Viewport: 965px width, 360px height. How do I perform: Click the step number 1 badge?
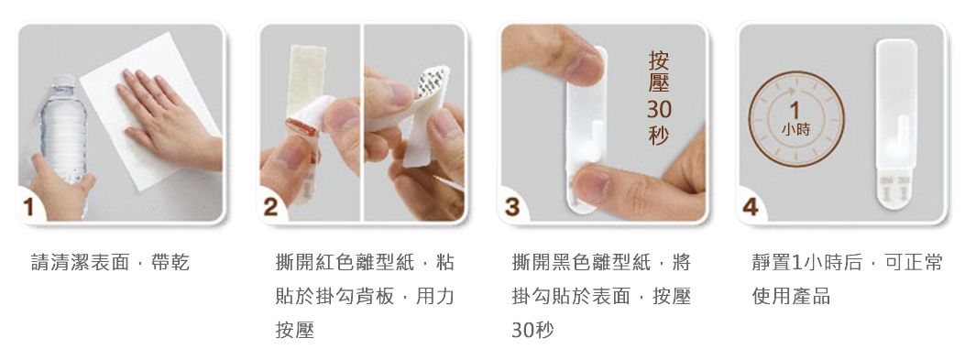click(28, 207)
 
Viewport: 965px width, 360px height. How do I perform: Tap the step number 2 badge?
click(270, 207)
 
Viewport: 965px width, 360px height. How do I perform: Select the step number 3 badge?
click(512, 207)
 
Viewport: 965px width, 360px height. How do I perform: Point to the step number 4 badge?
click(751, 207)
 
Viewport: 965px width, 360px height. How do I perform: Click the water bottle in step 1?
click(62, 129)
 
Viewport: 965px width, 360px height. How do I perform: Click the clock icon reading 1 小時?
click(796, 119)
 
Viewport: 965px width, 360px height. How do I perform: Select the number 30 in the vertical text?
click(659, 110)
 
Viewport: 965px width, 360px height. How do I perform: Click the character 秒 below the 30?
click(659, 134)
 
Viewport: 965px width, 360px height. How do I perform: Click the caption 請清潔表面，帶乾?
click(110, 263)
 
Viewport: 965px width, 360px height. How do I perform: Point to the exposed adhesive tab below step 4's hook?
click(896, 190)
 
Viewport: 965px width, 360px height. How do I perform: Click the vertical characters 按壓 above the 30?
click(659, 72)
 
